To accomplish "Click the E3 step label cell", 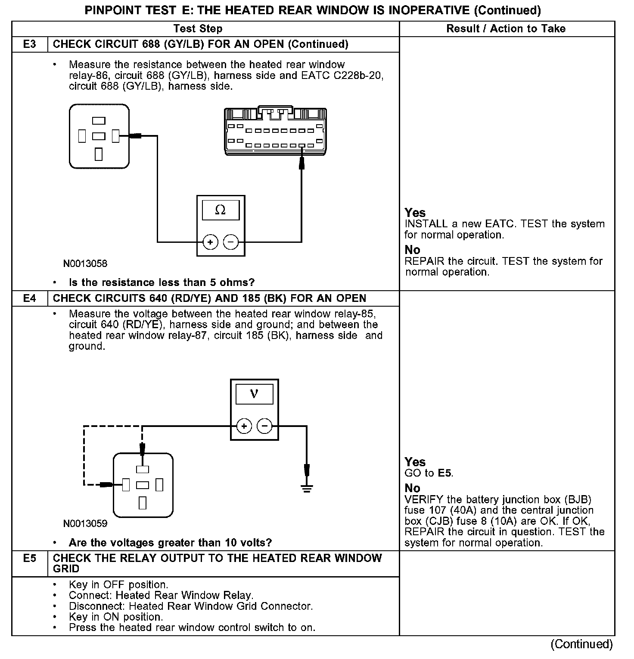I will tap(29, 44).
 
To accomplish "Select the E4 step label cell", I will tap(29, 298).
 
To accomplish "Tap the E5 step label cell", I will tap(29, 559).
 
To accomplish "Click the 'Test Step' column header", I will tap(198, 29).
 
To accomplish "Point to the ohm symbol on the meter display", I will tap(220, 210).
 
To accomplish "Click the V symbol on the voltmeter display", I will tap(254, 394).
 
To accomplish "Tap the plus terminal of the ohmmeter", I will tap(210, 242).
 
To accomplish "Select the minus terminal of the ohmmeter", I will tap(231, 242).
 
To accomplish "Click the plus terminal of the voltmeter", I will tap(244, 427).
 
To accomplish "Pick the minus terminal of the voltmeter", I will tap(264, 427).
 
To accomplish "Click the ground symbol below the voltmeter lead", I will tap(307, 488).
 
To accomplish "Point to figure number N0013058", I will tap(85, 264).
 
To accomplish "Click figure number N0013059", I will tap(85, 524).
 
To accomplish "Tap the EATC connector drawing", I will tap(274, 131).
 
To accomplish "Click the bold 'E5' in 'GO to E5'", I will tap(444, 473).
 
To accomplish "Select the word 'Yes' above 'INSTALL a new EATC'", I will tap(415, 213).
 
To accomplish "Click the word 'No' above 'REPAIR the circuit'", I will tap(412, 250).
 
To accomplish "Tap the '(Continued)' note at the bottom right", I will tap(581, 644).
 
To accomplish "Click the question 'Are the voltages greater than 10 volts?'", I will tap(170, 543).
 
